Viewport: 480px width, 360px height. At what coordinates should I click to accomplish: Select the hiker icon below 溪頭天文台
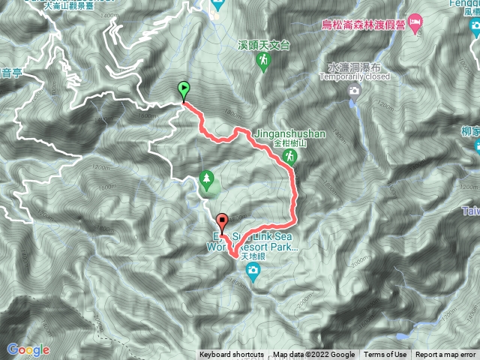tap(263, 61)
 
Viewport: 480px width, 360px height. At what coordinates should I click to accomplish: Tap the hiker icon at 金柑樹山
tap(290, 156)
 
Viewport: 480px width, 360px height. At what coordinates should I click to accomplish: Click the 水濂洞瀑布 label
tap(355, 67)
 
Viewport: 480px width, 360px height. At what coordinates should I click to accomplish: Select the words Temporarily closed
tap(355, 76)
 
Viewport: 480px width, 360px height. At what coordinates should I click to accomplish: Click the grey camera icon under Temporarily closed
tap(355, 91)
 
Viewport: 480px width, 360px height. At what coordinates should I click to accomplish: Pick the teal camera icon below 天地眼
tap(253, 270)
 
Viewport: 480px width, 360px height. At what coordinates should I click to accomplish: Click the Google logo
tap(28, 349)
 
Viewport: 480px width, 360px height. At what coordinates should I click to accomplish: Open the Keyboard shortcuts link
tap(231, 355)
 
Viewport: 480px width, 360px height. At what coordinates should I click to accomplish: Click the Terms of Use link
tap(385, 355)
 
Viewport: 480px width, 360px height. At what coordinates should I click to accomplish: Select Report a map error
tap(445, 355)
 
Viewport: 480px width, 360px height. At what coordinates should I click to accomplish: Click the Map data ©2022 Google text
tap(313, 355)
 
